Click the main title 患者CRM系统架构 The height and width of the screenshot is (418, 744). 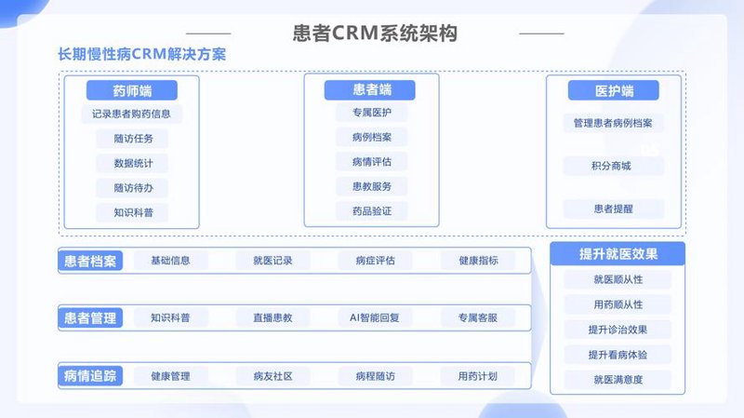click(x=375, y=34)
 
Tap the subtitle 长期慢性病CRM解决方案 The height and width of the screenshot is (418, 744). click(x=142, y=54)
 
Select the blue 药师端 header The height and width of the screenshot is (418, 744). click(x=132, y=90)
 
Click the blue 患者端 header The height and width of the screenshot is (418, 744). click(x=369, y=89)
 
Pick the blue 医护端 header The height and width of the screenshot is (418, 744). click(x=614, y=90)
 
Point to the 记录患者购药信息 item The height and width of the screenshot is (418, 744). click(x=131, y=114)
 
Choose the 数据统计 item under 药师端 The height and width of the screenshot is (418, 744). click(x=132, y=164)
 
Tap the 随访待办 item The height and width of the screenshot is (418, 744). click(x=132, y=188)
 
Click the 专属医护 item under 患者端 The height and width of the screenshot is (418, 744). click(x=371, y=113)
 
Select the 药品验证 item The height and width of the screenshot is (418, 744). click(x=371, y=211)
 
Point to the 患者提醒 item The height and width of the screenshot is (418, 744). click(x=614, y=209)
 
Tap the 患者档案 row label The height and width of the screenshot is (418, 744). click(x=90, y=261)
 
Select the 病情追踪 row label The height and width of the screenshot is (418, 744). click(x=90, y=376)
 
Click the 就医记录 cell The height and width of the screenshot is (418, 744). click(x=272, y=261)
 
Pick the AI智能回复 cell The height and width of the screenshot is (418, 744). click(x=375, y=317)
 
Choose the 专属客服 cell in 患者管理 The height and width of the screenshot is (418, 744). click(x=478, y=317)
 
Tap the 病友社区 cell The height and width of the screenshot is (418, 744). click(x=272, y=376)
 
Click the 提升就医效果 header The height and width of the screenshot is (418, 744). click(x=618, y=253)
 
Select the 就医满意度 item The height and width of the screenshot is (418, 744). click(x=618, y=380)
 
